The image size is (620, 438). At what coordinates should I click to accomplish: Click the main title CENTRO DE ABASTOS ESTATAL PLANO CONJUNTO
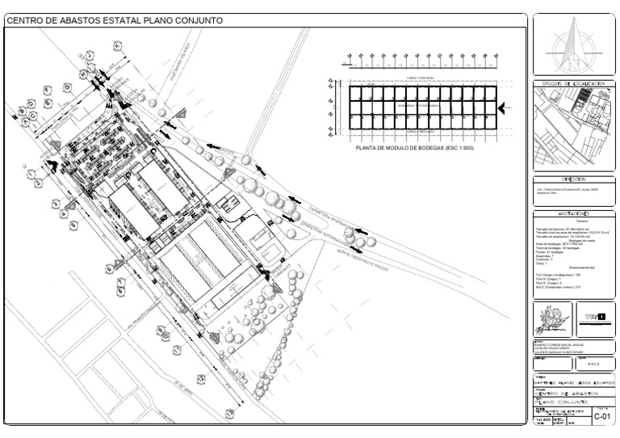coord(114,19)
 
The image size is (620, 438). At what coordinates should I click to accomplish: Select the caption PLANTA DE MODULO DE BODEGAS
coord(415,150)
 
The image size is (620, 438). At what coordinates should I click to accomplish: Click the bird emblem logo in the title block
coord(551,322)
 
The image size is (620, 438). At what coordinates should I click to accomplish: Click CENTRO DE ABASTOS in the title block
coord(563,391)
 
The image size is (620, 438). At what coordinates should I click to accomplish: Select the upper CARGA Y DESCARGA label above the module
coord(415,78)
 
